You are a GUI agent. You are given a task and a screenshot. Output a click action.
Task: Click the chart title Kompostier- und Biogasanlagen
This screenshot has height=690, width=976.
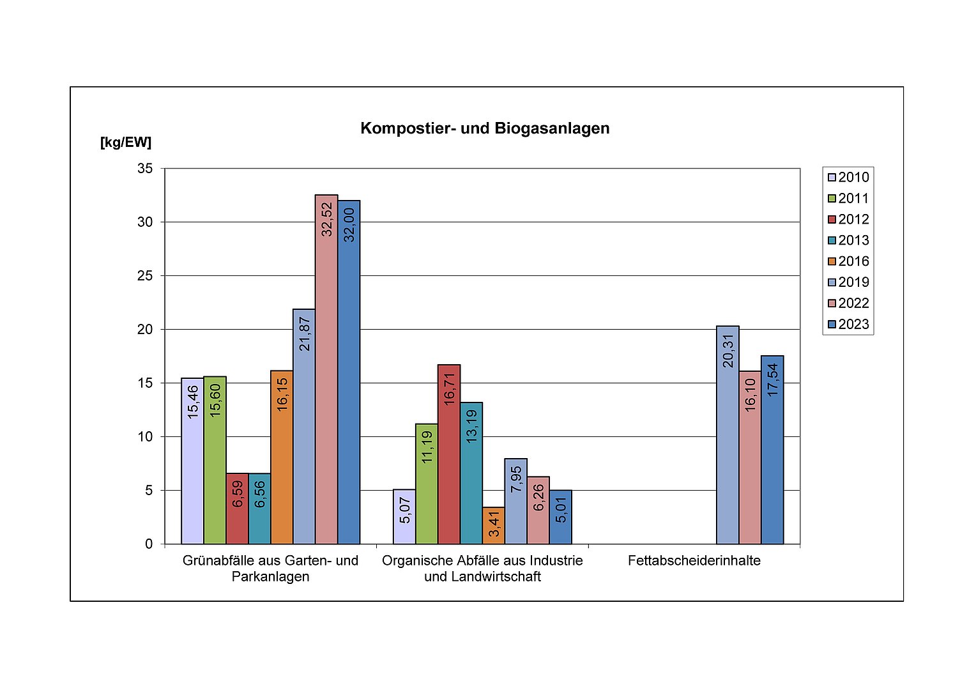point(485,128)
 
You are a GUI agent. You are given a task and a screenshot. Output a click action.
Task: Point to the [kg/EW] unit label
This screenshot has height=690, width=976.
point(126,142)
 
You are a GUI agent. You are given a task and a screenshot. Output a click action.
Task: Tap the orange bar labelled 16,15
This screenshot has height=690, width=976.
point(282,457)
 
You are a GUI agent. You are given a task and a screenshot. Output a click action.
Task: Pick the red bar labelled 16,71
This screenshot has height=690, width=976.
point(449,454)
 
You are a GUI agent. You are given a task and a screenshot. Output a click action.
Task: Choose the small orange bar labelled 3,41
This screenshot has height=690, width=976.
point(493,525)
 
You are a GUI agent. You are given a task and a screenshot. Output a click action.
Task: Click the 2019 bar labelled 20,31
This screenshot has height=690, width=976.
point(728,434)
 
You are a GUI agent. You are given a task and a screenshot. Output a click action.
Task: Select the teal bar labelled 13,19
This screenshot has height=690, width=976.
point(471,473)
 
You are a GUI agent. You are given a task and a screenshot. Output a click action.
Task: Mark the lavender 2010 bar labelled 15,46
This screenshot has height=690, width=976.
point(192,461)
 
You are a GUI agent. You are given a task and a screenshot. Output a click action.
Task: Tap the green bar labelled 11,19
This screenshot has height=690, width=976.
point(427,484)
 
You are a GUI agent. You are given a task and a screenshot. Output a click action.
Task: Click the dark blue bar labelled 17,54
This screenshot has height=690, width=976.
point(772,450)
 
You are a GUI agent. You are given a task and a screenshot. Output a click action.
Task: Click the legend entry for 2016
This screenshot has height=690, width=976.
point(848,261)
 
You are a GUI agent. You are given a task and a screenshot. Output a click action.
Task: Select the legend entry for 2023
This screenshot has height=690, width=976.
point(848,325)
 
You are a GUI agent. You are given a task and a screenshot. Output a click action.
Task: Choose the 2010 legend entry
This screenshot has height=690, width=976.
point(848,178)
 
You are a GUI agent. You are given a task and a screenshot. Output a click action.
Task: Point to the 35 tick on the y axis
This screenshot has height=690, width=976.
point(146,169)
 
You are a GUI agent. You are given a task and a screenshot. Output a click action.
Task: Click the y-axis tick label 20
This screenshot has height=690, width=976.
point(146,330)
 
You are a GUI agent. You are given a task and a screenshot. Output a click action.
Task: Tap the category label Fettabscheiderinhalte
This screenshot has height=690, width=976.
point(694,561)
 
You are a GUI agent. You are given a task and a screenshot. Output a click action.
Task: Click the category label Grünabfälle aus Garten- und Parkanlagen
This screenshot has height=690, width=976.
point(270,569)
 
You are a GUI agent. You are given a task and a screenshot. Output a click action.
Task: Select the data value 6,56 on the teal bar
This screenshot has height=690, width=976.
point(260,494)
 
